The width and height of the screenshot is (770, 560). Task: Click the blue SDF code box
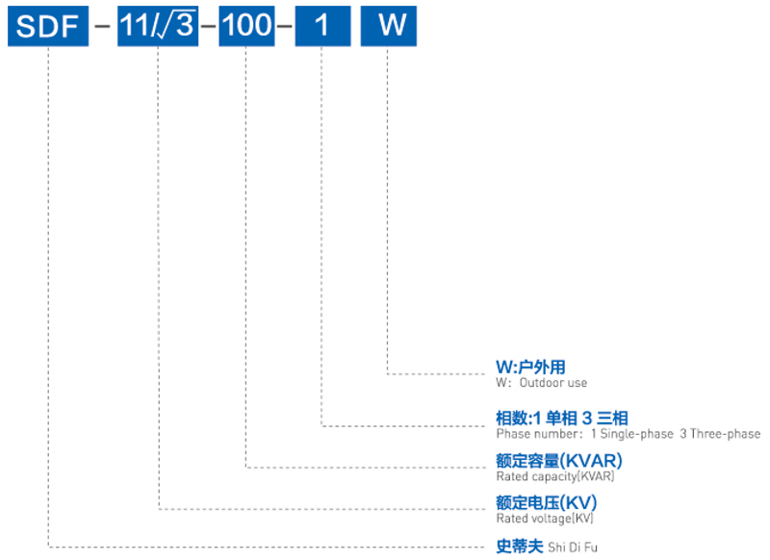(45, 26)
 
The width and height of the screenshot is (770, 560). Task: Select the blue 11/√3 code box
(157, 26)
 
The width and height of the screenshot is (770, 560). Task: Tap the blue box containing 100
(246, 26)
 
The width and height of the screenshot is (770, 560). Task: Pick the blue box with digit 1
(321, 26)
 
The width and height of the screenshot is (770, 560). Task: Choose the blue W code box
(389, 26)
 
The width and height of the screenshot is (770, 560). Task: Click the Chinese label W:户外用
(530, 367)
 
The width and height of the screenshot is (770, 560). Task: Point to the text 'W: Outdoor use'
(541, 382)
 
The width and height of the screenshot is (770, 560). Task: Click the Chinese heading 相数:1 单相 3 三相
(562, 418)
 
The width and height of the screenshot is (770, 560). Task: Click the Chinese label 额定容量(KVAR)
(558, 460)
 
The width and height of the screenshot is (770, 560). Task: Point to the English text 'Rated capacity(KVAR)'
(555, 475)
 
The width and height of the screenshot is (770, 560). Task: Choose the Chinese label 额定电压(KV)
(546, 502)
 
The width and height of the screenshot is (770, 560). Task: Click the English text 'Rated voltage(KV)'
(545, 518)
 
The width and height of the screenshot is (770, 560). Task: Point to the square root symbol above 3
(180, 24)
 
